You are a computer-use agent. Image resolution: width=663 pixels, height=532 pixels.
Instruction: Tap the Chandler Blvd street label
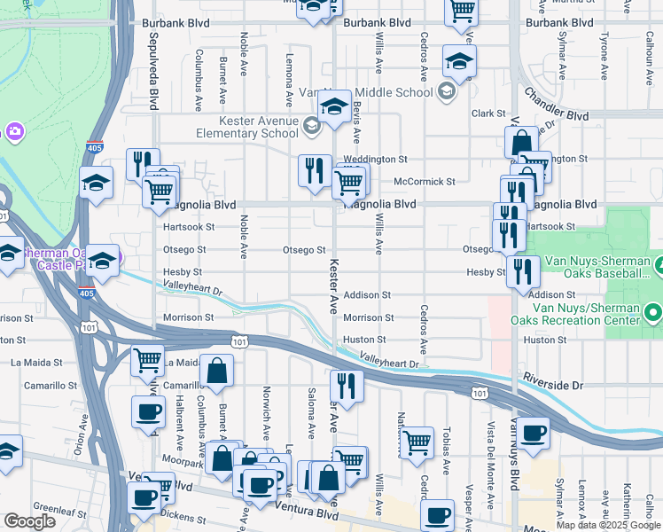557,104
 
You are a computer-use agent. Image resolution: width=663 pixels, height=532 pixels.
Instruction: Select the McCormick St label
424,181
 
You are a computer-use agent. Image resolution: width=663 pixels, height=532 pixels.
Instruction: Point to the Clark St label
487,113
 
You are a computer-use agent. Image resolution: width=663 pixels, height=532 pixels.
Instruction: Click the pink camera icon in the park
14,132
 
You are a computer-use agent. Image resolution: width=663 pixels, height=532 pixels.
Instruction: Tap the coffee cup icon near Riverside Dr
534,433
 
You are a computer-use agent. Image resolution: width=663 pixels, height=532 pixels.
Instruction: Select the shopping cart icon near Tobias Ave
417,441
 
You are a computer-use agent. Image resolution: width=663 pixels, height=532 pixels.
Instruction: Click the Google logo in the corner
29,521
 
